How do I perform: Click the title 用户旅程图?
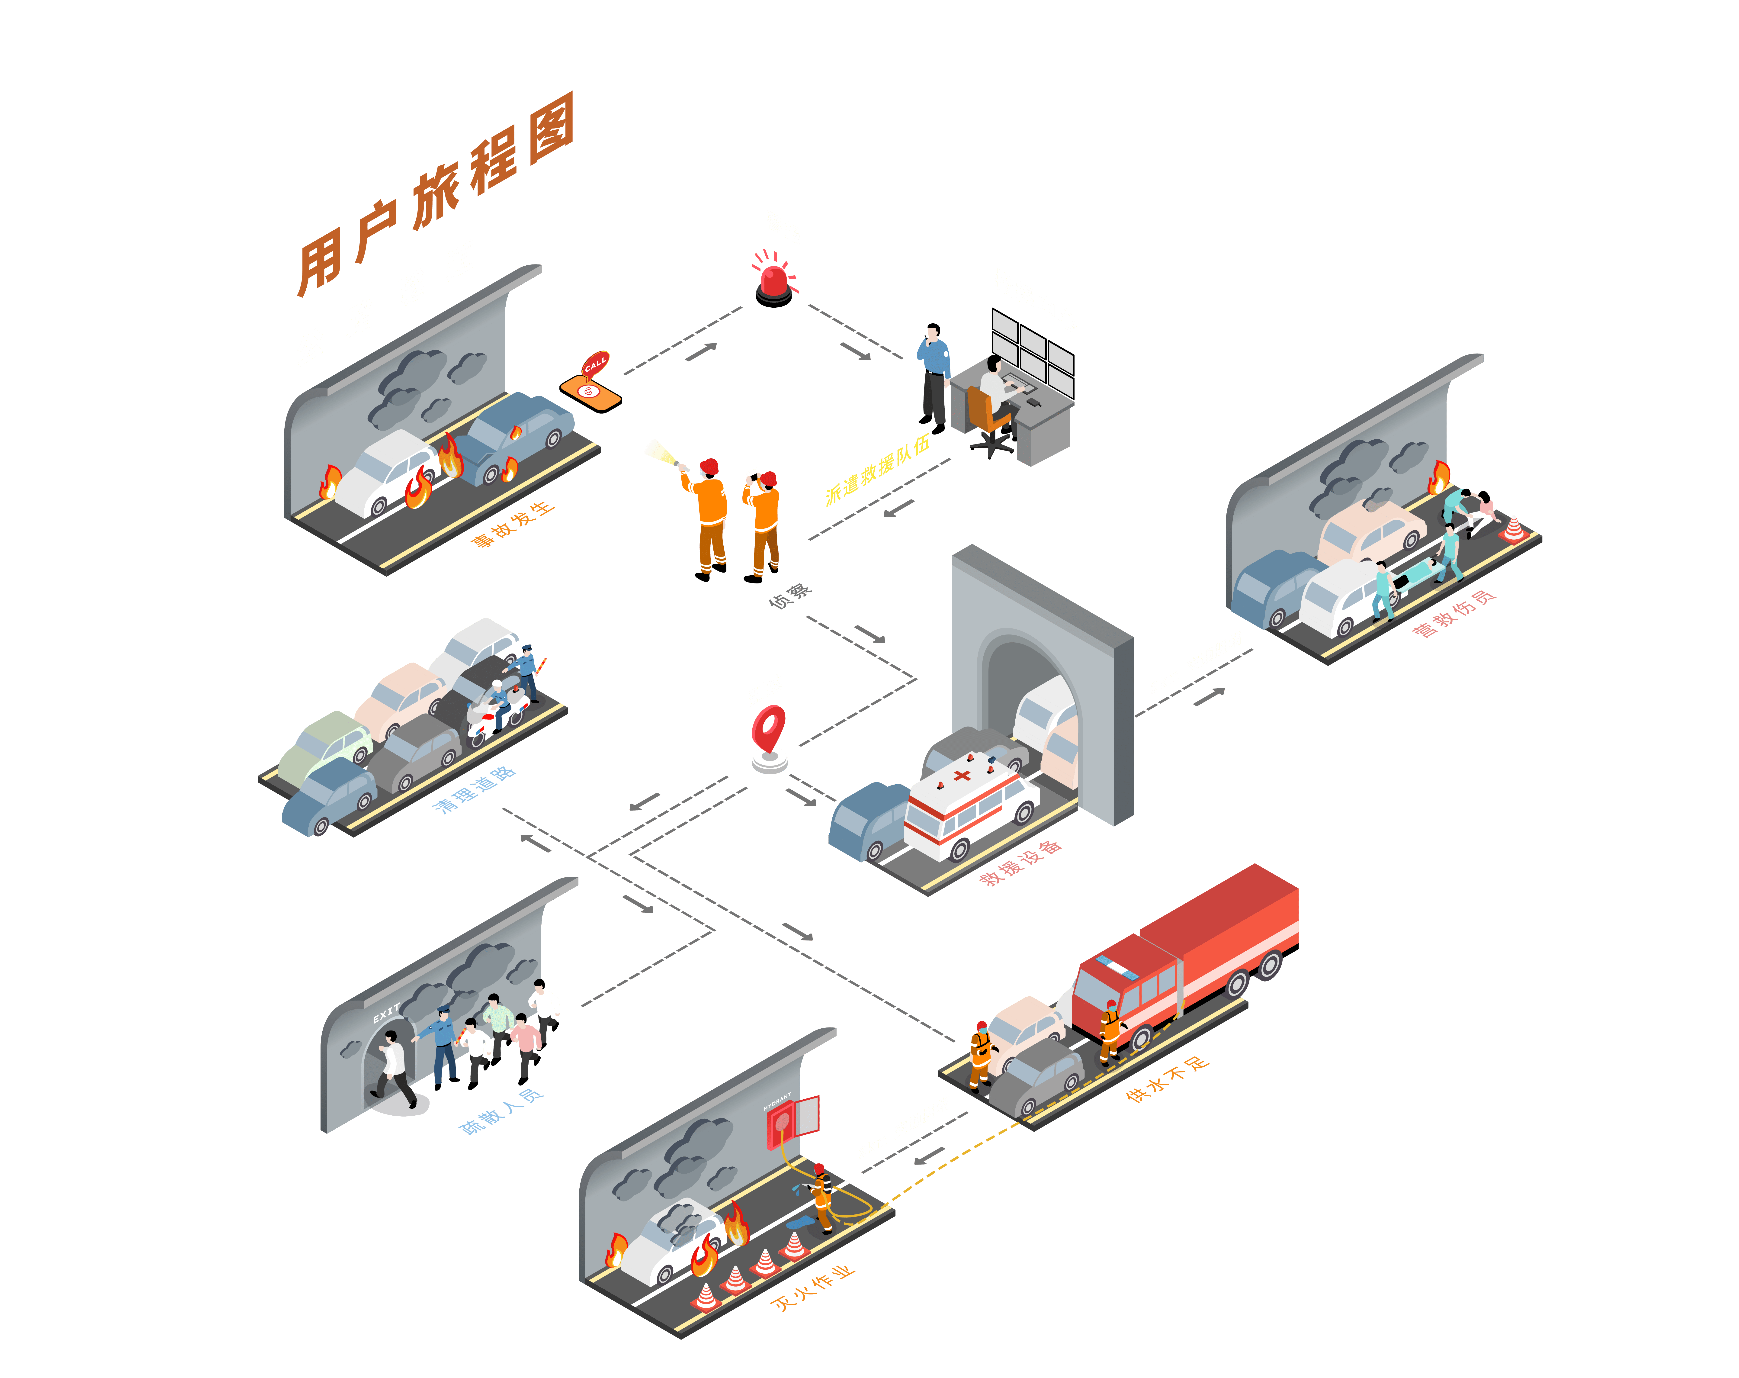point(436,194)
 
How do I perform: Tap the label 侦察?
point(790,596)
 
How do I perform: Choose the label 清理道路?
point(474,789)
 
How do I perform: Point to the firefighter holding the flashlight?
point(706,519)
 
